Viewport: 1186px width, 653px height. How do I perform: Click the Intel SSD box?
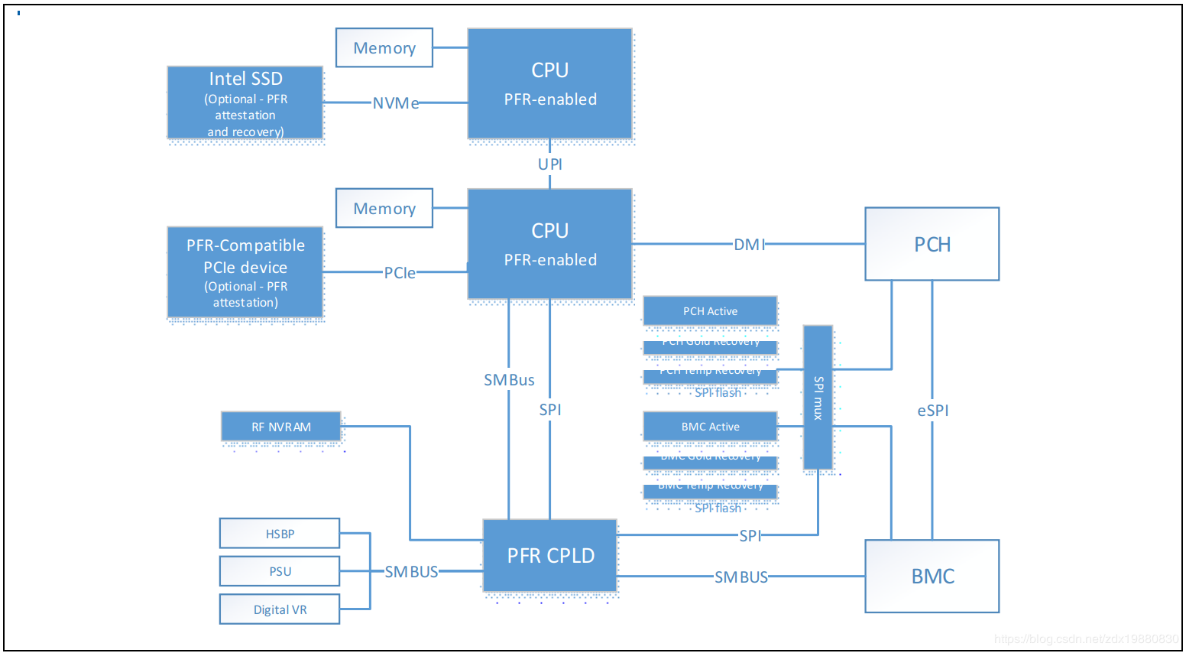pyautogui.click(x=245, y=103)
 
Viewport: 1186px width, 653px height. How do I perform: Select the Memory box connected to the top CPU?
pyautogui.click(x=384, y=48)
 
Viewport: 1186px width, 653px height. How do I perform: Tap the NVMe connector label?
pyautogui.click(x=395, y=103)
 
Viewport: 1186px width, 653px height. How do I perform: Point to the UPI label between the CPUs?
pyautogui.click(x=550, y=164)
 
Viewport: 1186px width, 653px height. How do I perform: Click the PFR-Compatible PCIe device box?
pyautogui.click(x=245, y=272)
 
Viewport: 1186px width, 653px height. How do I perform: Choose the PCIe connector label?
pyautogui.click(x=400, y=273)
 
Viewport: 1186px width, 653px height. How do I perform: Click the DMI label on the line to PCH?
pyautogui.click(x=749, y=245)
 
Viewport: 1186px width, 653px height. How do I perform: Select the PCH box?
pyautogui.click(x=932, y=245)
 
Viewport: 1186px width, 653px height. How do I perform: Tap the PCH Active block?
pyautogui.click(x=710, y=311)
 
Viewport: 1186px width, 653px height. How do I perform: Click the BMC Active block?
pyautogui.click(x=710, y=427)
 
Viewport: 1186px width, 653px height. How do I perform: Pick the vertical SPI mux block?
pyautogui.click(x=818, y=398)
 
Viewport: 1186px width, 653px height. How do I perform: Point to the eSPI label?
pyautogui.click(x=933, y=411)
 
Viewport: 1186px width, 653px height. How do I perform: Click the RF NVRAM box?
pyautogui.click(x=281, y=427)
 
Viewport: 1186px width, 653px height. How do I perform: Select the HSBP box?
pyautogui.click(x=280, y=534)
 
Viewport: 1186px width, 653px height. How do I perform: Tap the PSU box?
pyautogui.click(x=280, y=571)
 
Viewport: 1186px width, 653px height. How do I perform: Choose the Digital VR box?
pyautogui.click(x=280, y=609)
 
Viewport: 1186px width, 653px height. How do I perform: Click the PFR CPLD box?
pyautogui.click(x=550, y=556)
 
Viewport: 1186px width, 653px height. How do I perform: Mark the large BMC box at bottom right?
pyautogui.click(x=932, y=577)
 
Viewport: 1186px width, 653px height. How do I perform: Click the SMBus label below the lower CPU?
pyautogui.click(x=509, y=380)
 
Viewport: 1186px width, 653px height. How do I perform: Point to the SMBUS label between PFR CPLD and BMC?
pyautogui.click(x=741, y=577)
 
